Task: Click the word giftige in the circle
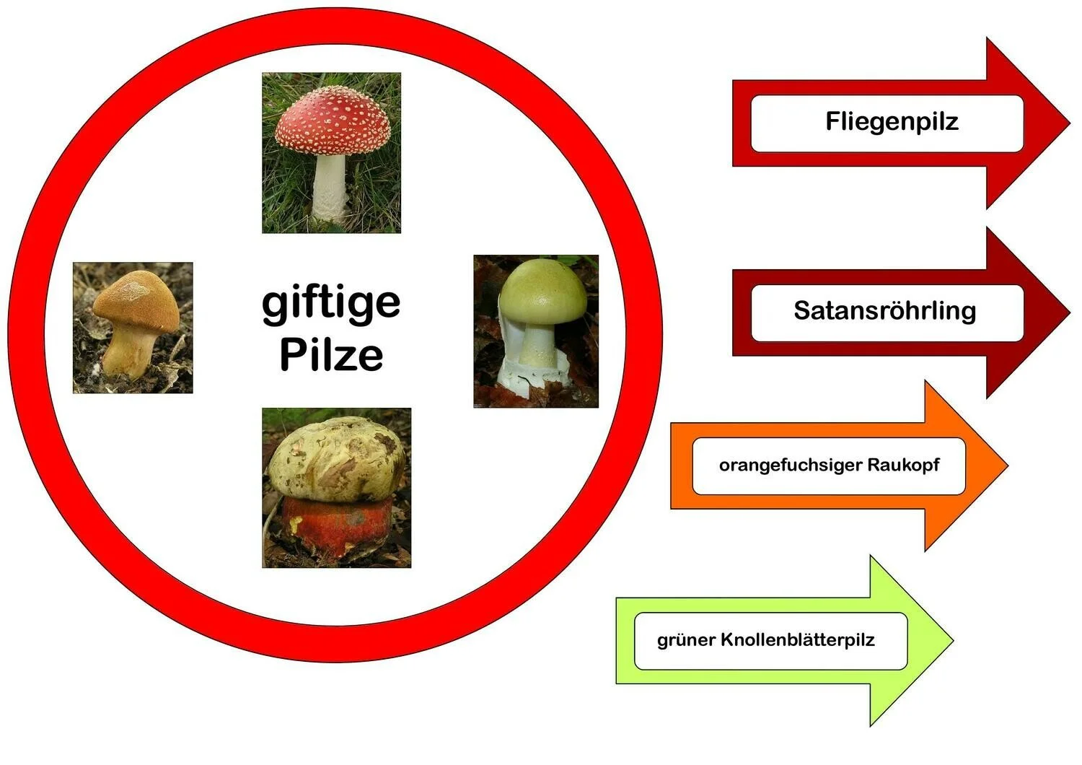pyautogui.click(x=330, y=303)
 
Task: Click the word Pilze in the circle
pyautogui.click(x=330, y=354)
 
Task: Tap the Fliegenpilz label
pyautogui.click(x=892, y=121)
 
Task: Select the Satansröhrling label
pyautogui.click(x=884, y=310)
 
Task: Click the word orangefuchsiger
pyautogui.click(x=790, y=465)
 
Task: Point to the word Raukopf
pyautogui.click(x=903, y=465)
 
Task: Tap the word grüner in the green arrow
pyautogui.click(x=685, y=640)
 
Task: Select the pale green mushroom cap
pyautogui.click(x=542, y=292)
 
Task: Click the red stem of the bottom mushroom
pyautogui.click(x=336, y=523)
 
